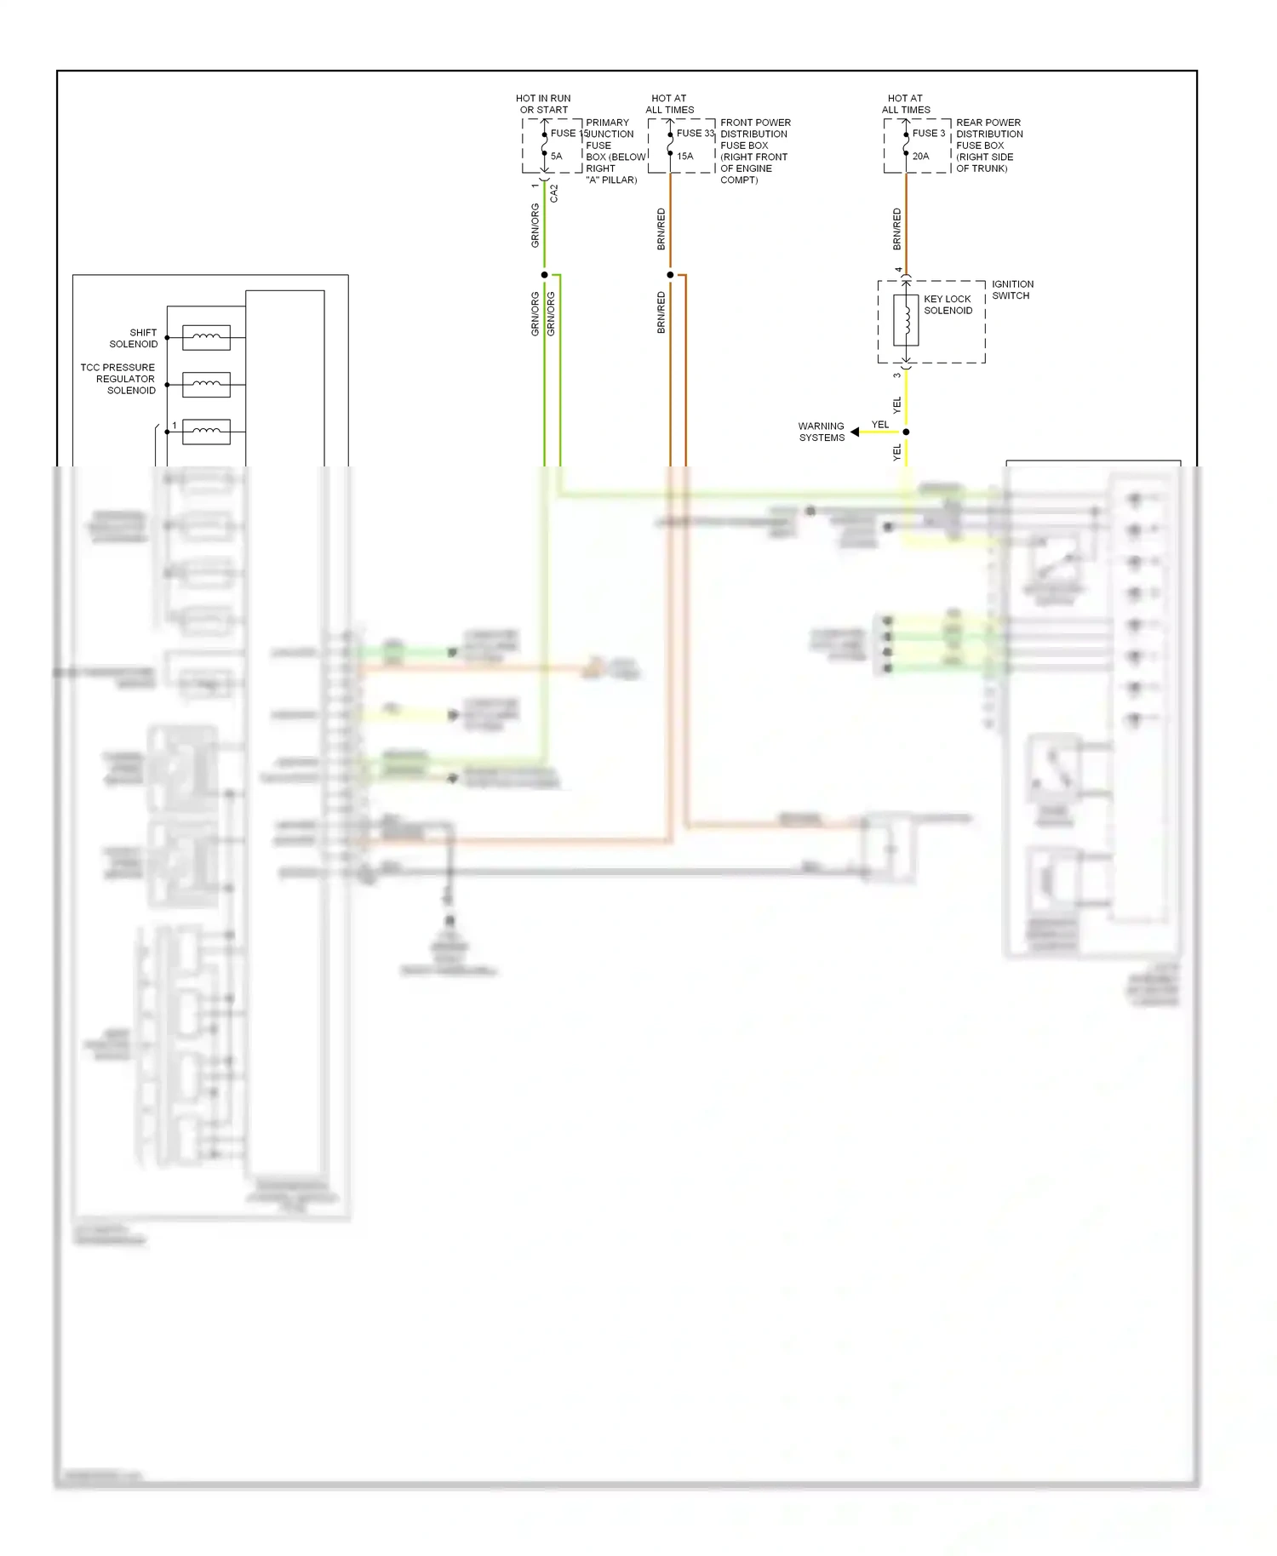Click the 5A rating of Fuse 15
(x=556, y=157)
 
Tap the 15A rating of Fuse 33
(x=685, y=157)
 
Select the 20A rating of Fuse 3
(x=921, y=157)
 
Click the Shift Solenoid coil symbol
(x=206, y=338)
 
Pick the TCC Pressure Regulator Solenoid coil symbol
(x=206, y=385)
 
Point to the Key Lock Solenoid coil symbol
(x=906, y=320)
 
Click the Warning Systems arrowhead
(x=855, y=432)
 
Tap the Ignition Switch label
(x=1012, y=290)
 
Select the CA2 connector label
(x=554, y=193)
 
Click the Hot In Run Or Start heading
(x=543, y=104)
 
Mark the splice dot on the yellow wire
(x=906, y=432)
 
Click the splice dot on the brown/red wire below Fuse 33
(x=670, y=275)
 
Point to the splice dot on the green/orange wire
(x=545, y=275)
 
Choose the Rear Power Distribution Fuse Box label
(x=988, y=146)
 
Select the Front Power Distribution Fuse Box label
(x=754, y=152)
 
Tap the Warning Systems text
(x=822, y=432)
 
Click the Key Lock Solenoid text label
(x=948, y=305)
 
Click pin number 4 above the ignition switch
(x=898, y=270)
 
